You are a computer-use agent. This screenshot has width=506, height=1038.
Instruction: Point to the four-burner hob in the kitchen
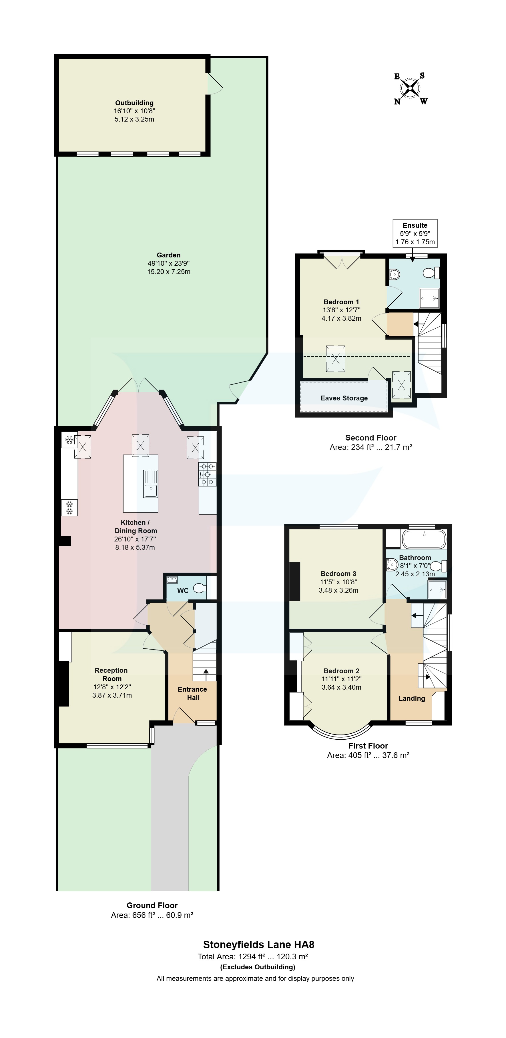(x=207, y=474)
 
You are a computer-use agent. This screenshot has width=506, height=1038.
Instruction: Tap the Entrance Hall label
(x=193, y=693)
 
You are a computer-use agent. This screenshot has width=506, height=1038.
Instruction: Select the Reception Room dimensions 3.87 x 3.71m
(x=112, y=695)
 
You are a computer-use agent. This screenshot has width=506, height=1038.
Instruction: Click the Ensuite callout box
(x=415, y=233)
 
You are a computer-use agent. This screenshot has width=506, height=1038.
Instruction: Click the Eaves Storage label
(x=344, y=398)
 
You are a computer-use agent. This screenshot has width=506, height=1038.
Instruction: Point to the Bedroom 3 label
(x=338, y=573)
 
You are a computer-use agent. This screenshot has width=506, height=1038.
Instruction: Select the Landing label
(x=412, y=698)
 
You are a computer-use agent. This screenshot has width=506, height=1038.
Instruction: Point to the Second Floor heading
(x=370, y=438)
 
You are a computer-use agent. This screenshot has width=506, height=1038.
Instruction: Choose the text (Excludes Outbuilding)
(x=258, y=967)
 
